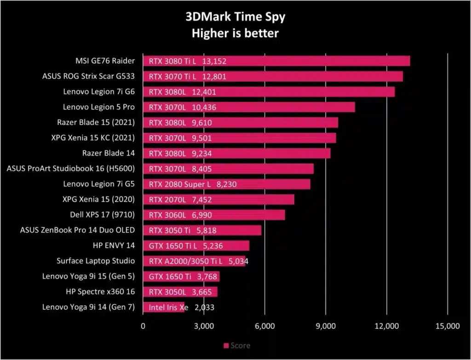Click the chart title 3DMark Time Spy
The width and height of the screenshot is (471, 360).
[x=235, y=17]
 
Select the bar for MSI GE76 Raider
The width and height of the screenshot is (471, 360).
[x=276, y=61]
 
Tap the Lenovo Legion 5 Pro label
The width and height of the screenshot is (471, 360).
[x=99, y=107]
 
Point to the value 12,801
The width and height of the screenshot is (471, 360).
[x=214, y=77]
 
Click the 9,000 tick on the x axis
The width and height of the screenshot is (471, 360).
[x=326, y=326]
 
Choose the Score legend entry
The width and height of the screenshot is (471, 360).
[x=237, y=346]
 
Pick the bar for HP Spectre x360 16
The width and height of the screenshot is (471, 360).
[x=180, y=292]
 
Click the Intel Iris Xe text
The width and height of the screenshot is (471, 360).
[x=168, y=308]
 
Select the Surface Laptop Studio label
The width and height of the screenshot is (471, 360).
[x=96, y=261]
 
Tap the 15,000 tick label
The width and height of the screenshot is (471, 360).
[x=448, y=326]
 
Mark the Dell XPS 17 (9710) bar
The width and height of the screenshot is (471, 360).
[x=214, y=215]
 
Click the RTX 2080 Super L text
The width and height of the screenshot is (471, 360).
[x=180, y=184]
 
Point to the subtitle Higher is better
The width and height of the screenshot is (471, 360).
[x=235, y=33]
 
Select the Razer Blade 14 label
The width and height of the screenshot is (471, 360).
[x=109, y=153]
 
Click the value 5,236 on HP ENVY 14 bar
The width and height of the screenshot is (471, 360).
[x=213, y=246]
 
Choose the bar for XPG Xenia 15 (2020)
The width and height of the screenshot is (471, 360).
[x=218, y=200]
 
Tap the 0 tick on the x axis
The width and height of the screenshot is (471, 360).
[x=143, y=326]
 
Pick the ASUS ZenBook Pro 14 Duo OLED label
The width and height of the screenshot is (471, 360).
[x=77, y=230]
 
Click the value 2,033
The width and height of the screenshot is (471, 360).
[x=205, y=308]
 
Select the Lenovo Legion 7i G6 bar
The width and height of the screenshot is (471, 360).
[x=269, y=92]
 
